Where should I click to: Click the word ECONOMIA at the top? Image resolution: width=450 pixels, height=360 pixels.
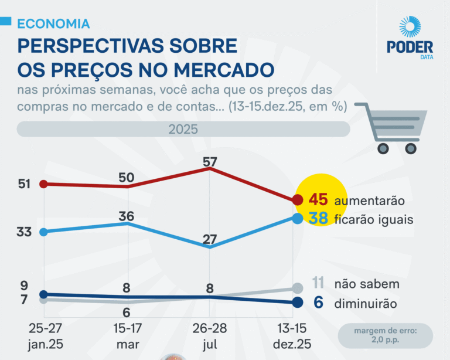coord(53,23)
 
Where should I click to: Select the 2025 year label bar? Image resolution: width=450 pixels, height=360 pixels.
coord(183,129)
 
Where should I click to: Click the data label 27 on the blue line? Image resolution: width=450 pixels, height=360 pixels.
coord(210,239)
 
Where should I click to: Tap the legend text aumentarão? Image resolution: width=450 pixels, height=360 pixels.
coord(369,201)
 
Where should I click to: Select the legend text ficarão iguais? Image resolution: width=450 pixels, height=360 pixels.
coord(374,220)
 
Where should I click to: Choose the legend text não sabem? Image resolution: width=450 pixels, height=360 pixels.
coord(367,284)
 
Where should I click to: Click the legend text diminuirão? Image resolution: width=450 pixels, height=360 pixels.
coord(366,304)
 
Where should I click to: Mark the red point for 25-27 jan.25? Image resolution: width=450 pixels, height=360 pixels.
coord(43,184)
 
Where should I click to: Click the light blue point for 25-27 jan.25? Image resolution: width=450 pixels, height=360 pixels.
coord(43,232)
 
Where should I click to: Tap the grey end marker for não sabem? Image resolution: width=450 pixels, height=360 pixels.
coord(297,288)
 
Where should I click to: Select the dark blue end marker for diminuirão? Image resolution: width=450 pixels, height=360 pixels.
coord(297,303)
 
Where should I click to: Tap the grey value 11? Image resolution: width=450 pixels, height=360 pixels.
coord(318,284)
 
